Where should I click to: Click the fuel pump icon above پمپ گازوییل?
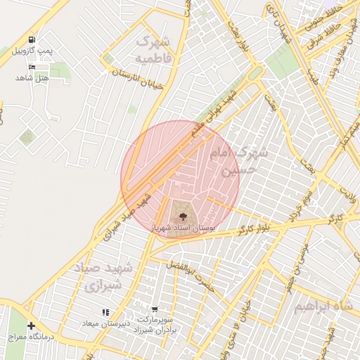(32, 39)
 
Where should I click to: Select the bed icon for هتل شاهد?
(32, 67)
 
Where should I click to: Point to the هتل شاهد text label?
(32, 77)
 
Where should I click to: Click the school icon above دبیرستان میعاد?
(105, 312)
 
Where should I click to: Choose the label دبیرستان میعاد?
(105, 323)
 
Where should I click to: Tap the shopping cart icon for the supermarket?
(154, 309)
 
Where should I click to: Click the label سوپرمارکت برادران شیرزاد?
(153, 325)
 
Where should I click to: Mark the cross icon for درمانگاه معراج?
(31, 326)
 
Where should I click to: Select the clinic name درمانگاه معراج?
(31, 337)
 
